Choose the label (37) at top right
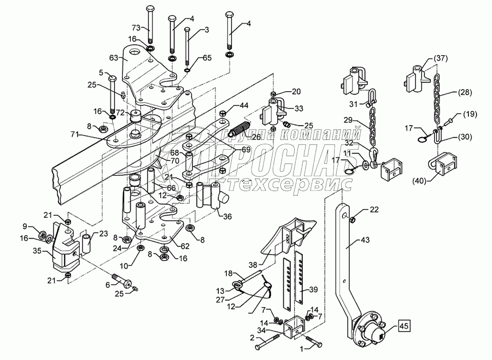[441, 58]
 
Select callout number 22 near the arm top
[373, 210]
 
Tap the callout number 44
[242, 105]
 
